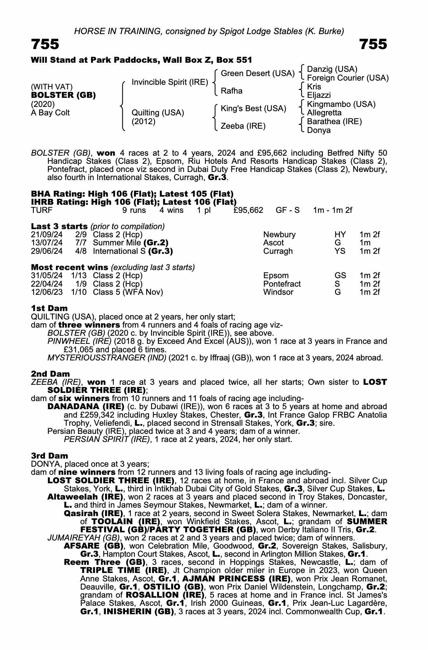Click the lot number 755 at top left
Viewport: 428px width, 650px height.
click(x=45, y=44)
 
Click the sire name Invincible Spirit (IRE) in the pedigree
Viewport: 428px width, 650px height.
click(x=170, y=82)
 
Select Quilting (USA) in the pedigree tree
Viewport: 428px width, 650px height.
click(x=158, y=113)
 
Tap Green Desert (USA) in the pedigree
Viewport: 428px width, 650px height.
click(x=257, y=73)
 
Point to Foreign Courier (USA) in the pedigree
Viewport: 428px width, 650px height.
click(x=348, y=78)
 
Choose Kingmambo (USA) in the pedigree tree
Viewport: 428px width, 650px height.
click(x=341, y=104)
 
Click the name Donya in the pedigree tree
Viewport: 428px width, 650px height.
click(x=319, y=130)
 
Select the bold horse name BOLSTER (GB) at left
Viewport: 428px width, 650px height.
click(x=63, y=95)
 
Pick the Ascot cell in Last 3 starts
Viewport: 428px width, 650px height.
click(x=273, y=243)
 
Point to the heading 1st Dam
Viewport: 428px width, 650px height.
click(x=49, y=308)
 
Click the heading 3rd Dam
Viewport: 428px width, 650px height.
click(x=49, y=456)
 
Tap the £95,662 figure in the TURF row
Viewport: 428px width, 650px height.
click(x=248, y=210)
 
